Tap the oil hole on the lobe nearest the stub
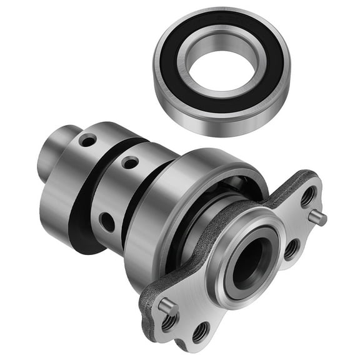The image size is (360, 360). (88, 141)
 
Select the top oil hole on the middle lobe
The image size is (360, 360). (130, 163)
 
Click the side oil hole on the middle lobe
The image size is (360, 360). (107, 222)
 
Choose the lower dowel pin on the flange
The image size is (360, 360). (165, 306)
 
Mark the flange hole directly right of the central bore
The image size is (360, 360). (291, 249)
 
